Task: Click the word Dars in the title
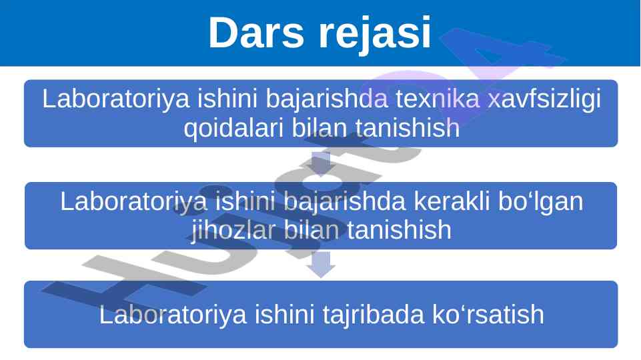point(256,33)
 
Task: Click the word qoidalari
point(234,128)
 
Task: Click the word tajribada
point(374,315)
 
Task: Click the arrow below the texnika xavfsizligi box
point(321,164)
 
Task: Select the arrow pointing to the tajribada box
point(321,265)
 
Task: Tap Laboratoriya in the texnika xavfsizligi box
point(116,99)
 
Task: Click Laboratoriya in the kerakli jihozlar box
point(133,201)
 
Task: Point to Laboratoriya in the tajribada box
point(173,315)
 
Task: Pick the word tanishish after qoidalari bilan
point(408,127)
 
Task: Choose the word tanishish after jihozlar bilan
point(400,229)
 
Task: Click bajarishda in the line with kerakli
point(344,202)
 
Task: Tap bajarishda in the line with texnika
point(327,100)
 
